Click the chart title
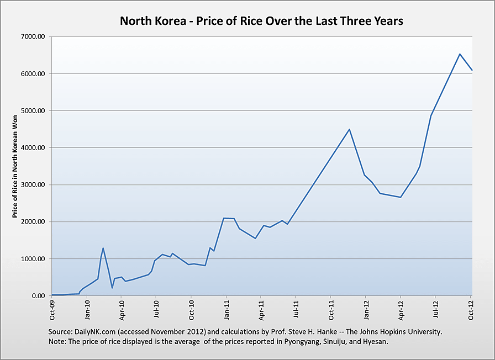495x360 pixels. (x=262, y=22)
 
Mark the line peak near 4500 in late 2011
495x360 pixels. (x=349, y=129)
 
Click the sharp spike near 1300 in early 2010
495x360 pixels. (x=103, y=248)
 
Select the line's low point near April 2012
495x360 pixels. (x=401, y=197)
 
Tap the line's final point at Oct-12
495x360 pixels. (x=472, y=70)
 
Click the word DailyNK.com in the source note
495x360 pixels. (x=96, y=331)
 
